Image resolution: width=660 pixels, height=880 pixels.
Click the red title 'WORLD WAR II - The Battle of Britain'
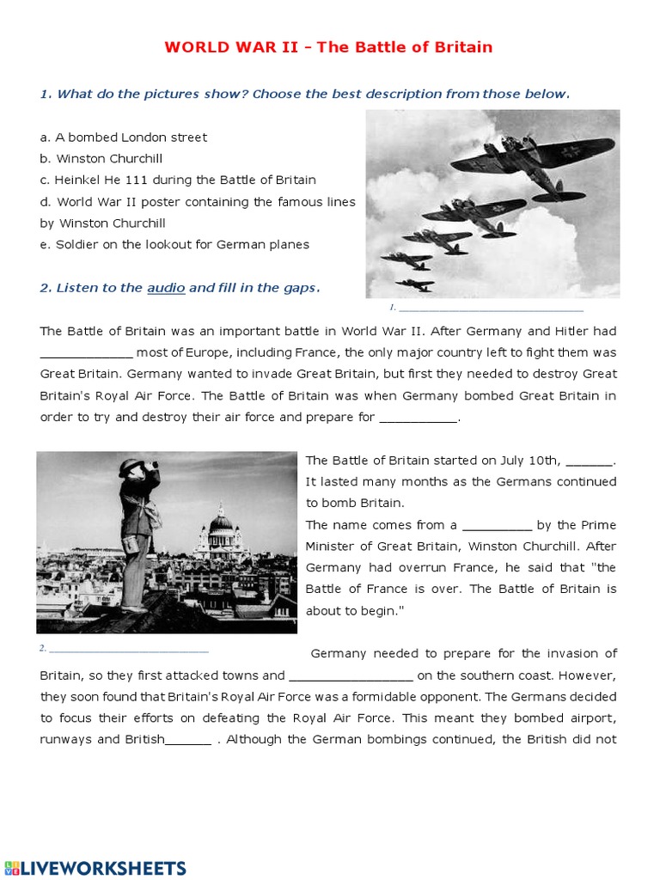[x=328, y=47]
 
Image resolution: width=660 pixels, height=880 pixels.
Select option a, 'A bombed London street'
[x=124, y=137]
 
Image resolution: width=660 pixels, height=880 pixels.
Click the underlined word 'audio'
[x=166, y=288]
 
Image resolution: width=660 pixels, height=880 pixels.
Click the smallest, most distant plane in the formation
[x=414, y=284]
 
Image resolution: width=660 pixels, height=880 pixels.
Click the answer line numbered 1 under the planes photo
[x=491, y=308]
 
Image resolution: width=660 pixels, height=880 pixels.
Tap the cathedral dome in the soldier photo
[x=221, y=522]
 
